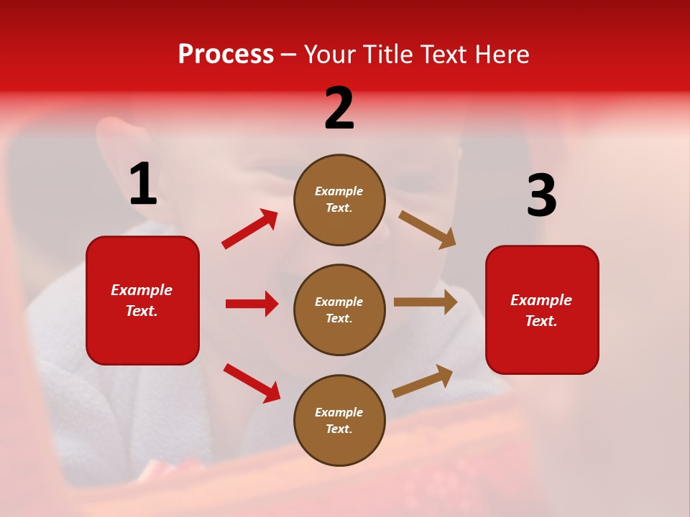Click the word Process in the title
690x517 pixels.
[226, 55]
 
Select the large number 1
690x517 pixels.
[143, 185]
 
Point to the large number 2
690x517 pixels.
[339, 108]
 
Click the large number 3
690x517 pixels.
[541, 196]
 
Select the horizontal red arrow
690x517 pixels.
[252, 304]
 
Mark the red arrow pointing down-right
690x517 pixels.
[252, 383]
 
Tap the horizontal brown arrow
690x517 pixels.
[425, 302]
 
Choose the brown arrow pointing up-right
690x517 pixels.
[423, 381]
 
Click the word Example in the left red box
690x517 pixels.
[142, 290]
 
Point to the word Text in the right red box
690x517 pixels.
[540, 321]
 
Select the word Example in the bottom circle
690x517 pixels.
[339, 412]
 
